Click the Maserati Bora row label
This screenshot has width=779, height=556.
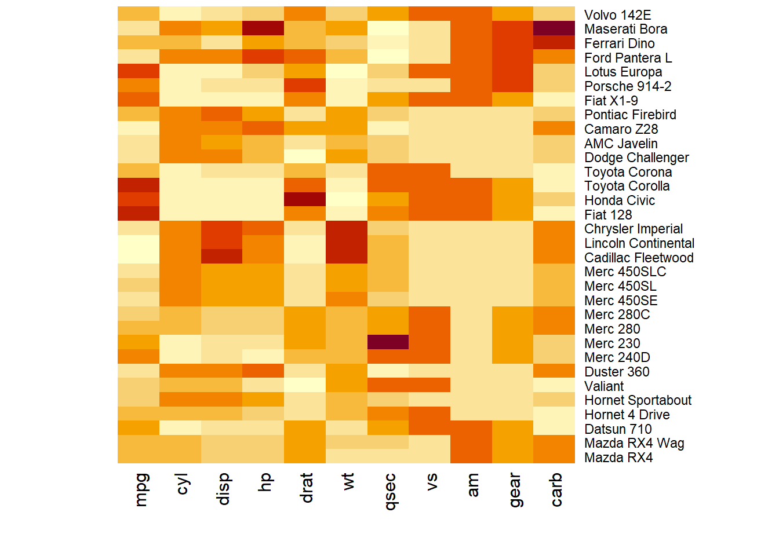(625, 29)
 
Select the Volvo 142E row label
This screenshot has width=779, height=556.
(617, 15)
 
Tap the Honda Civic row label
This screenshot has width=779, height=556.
(620, 200)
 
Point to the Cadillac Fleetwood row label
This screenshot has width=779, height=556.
(639, 258)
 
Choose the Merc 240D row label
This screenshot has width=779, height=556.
(617, 357)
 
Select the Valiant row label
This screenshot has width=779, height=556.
(604, 386)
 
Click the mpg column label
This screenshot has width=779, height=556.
(141, 490)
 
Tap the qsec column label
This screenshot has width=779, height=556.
(390, 492)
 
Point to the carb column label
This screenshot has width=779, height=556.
(556, 490)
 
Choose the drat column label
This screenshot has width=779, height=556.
(307, 488)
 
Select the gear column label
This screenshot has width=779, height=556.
(514, 490)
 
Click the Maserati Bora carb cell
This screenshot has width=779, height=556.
(554, 28)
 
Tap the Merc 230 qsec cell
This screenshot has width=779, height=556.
(388, 342)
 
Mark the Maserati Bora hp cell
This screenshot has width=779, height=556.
(263, 28)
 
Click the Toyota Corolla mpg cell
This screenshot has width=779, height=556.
(139, 185)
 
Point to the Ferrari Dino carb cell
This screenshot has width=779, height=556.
(554, 43)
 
